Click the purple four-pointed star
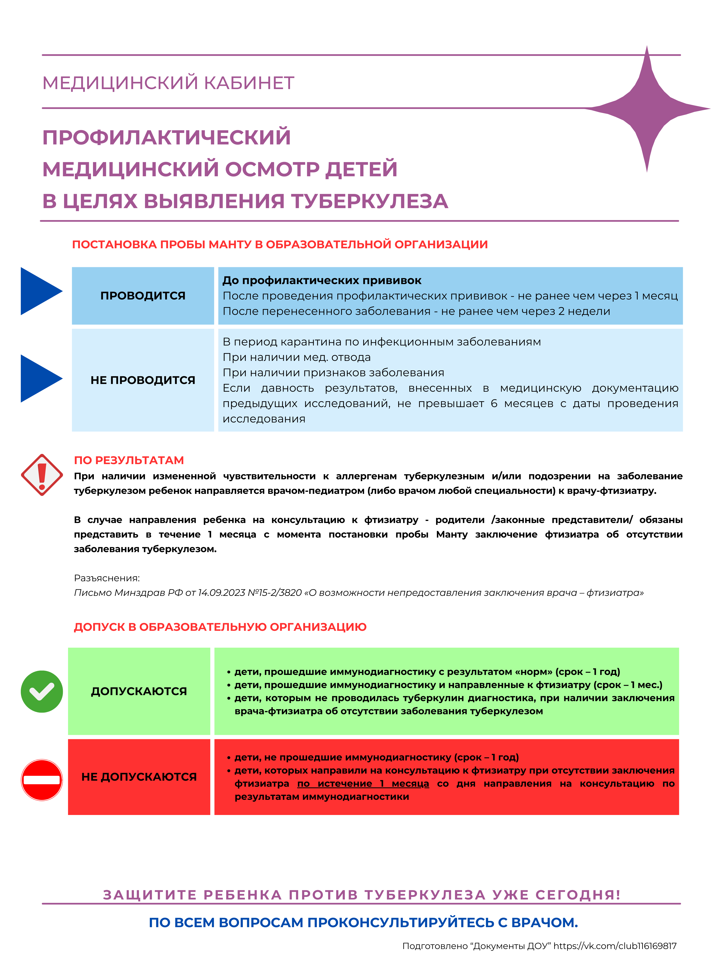647,108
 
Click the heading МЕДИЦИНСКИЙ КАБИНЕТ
168,83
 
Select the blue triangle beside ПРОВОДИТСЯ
39,291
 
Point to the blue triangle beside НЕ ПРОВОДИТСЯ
39,379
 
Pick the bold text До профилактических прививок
322,281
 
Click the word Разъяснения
107,578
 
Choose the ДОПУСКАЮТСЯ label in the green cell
139,692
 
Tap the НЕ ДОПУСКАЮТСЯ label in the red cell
139,777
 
